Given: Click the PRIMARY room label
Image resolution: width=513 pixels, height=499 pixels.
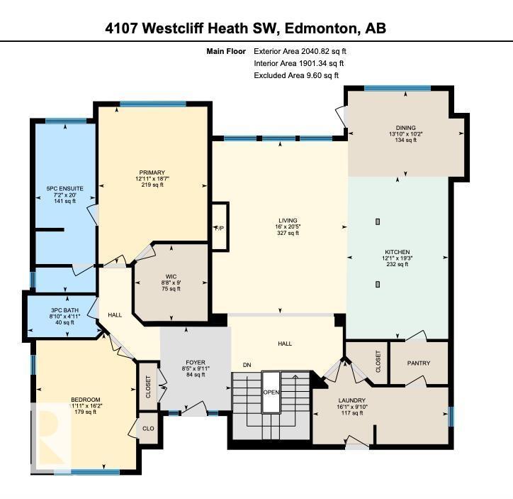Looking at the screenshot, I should (152, 172).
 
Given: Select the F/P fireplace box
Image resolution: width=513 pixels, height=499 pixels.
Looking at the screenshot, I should (220, 227).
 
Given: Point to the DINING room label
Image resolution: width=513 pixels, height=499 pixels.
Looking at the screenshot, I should (405, 126).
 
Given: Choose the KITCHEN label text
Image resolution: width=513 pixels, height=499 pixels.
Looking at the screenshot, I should (398, 252).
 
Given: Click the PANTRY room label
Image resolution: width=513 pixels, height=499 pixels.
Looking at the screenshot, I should (419, 363).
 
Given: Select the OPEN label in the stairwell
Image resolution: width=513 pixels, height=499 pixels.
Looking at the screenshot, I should (271, 392).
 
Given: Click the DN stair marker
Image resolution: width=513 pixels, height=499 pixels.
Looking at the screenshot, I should (247, 365).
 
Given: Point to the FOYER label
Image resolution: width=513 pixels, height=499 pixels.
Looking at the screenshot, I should (195, 363).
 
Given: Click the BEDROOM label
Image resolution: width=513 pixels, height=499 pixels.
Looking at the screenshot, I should (86, 400).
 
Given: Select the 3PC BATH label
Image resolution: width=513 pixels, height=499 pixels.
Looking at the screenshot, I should (64, 309).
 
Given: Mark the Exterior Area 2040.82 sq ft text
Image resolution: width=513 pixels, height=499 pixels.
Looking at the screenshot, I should (300, 51).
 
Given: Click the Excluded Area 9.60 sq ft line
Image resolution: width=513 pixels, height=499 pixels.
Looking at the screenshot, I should (296, 75).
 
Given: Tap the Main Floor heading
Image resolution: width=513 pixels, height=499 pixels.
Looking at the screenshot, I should (225, 51).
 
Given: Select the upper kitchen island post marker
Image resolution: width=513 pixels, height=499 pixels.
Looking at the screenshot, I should (378, 222).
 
